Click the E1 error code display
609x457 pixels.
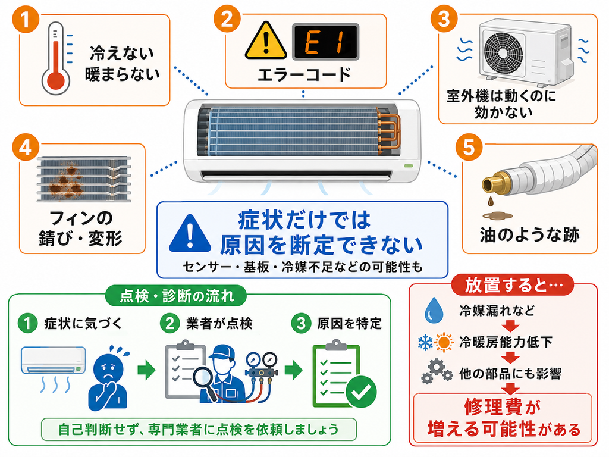[x=325, y=42]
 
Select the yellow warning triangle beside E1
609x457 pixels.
[x=266, y=41]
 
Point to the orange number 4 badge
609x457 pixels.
[x=26, y=148]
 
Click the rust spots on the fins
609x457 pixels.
[x=67, y=181]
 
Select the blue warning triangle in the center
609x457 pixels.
[x=190, y=233]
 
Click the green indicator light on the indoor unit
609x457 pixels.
[x=408, y=166]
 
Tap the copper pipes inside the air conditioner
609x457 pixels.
[x=390, y=128]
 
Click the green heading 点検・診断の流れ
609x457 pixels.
[x=177, y=296]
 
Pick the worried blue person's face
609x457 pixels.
[x=109, y=368]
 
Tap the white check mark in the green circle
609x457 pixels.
[x=361, y=392]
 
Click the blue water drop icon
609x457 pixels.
[x=434, y=310]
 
